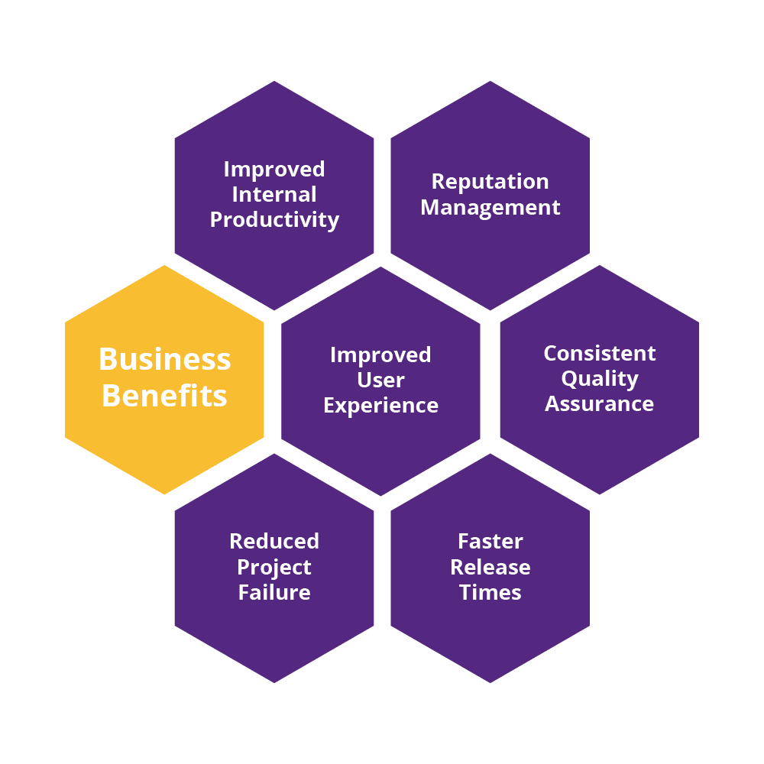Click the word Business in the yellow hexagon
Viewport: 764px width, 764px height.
165,359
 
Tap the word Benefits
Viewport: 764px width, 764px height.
165,395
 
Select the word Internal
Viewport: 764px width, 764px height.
274,194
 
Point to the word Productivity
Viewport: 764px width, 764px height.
274,220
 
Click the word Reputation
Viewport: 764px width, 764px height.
490,183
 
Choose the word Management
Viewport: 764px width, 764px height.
490,209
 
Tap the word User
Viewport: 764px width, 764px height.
380,380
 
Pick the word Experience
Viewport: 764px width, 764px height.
380,406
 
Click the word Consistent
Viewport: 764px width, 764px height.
599,353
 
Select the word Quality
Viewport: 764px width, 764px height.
599,379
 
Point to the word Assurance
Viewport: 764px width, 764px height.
599,404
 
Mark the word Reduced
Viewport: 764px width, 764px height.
274,542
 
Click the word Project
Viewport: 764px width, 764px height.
274,568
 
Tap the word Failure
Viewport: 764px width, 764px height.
274,593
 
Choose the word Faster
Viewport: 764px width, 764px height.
490,542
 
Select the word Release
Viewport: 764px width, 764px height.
490,567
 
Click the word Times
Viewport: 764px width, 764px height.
490,593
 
